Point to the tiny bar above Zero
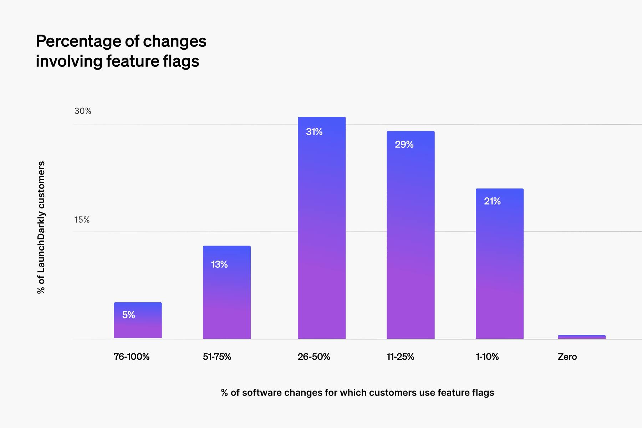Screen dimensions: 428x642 pyautogui.click(x=581, y=337)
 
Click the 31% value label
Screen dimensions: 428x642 pyautogui.click(x=314, y=132)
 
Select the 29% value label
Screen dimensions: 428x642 pyautogui.click(x=404, y=144)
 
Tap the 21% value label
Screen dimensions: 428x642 pyautogui.click(x=492, y=201)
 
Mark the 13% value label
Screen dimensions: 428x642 pyautogui.click(x=219, y=264)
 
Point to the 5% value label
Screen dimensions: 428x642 pyautogui.click(x=129, y=315)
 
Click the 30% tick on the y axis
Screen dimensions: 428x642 pyautogui.click(x=83, y=111)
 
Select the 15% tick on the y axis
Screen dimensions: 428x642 pyautogui.click(x=82, y=220)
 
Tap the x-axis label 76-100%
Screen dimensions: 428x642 pyautogui.click(x=131, y=357)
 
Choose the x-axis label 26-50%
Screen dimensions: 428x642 pyautogui.click(x=314, y=357)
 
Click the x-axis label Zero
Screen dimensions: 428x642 pyautogui.click(x=567, y=357)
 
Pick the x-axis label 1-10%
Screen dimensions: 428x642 pyautogui.click(x=487, y=357)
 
